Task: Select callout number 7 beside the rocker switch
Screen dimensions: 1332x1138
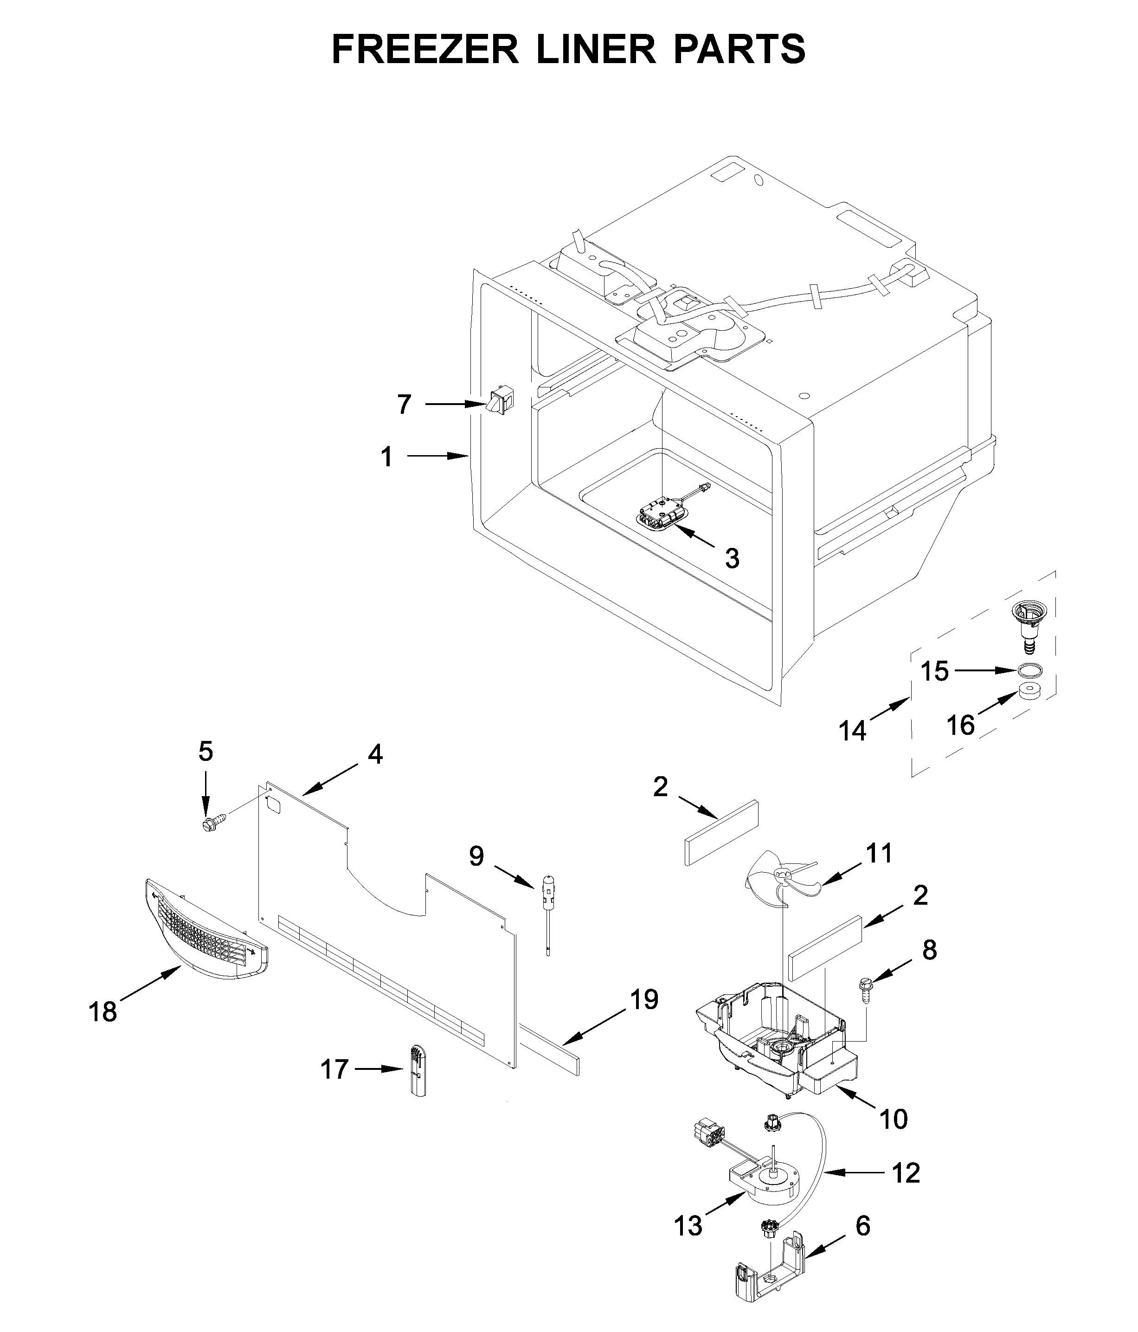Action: pos(403,405)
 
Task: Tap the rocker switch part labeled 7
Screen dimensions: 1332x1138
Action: pos(500,401)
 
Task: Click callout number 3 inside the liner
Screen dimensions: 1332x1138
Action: pos(732,559)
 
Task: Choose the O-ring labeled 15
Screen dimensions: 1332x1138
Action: pos(1029,670)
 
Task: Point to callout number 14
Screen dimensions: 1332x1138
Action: pos(853,731)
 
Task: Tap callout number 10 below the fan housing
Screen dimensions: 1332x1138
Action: pos(893,1119)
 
